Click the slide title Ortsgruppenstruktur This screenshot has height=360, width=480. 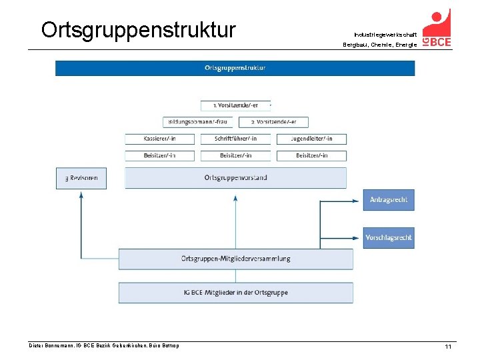[138, 31]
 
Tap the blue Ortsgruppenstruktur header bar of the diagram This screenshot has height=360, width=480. [235, 68]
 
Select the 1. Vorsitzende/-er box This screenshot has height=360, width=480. [235, 105]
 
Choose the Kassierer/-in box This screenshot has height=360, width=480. [160, 139]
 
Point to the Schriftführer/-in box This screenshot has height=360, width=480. [235, 139]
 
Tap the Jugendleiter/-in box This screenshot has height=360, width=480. [311, 139]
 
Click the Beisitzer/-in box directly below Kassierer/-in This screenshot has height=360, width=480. [160, 155]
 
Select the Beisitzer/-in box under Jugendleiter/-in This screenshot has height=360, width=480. [311, 155]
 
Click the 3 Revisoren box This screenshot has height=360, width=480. [81, 178]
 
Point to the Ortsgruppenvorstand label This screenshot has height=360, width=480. [235, 178]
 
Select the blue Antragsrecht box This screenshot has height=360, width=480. [389, 199]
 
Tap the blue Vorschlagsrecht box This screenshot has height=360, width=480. [389, 237]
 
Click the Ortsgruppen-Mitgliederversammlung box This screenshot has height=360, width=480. [235, 259]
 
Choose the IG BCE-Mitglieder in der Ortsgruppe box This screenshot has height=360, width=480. [235, 293]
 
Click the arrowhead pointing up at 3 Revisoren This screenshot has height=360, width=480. [81, 195]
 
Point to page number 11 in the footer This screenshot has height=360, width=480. [448, 347]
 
